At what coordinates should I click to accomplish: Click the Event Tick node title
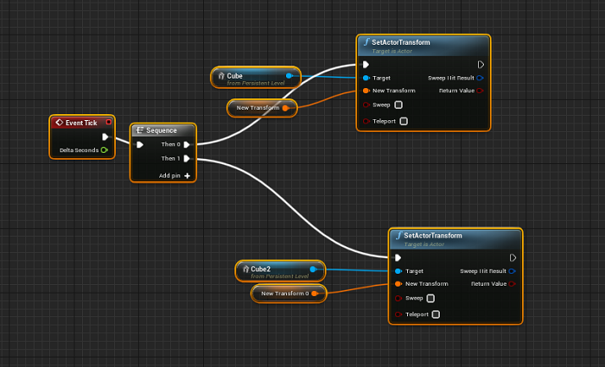click(81, 123)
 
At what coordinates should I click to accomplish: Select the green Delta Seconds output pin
click(105, 150)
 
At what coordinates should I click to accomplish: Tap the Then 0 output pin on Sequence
click(187, 144)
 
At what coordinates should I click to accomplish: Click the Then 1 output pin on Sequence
click(187, 158)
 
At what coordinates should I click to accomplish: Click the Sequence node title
click(162, 130)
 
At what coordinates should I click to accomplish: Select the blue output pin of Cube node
click(289, 76)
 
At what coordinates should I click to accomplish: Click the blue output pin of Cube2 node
click(313, 269)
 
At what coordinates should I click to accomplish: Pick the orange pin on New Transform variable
click(285, 108)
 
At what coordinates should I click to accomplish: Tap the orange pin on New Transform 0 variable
click(315, 294)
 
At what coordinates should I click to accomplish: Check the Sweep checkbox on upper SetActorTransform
click(398, 104)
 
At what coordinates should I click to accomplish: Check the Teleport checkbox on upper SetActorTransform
click(404, 121)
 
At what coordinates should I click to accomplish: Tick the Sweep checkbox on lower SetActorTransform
click(430, 298)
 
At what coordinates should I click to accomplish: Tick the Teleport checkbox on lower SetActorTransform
click(436, 314)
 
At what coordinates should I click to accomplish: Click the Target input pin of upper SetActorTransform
click(366, 78)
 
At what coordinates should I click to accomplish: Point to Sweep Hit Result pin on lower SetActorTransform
click(512, 271)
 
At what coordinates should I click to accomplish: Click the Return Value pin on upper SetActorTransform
click(480, 91)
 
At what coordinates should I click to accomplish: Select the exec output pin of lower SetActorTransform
click(513, 257)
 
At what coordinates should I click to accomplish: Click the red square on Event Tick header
click(109, 123)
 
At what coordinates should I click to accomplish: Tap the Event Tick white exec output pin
click(105, 136)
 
